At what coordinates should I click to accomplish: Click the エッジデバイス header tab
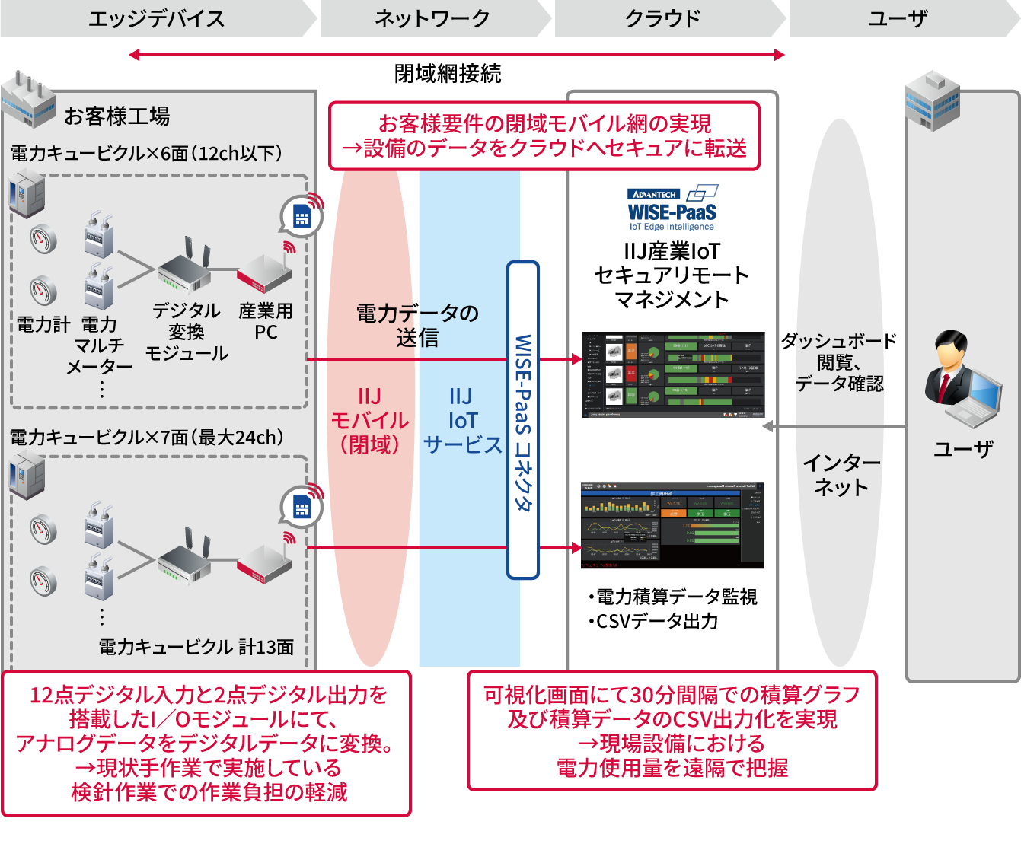tap(156, 18)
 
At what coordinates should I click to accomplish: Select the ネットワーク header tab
tap(432, 18)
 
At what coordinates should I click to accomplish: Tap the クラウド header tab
tap(662, 18)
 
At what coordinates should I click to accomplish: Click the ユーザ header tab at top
tap(898, 18)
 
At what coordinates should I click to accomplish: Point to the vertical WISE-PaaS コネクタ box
tap(523, 420)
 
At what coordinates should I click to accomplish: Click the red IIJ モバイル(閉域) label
tap(370, 421)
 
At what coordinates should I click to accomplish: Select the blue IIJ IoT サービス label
tap(462, 421)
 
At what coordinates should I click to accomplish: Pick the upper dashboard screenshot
tap(673, 374)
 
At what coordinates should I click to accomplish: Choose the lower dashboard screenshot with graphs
tap(672, 525)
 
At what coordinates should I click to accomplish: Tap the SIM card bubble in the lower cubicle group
tap(302, 506)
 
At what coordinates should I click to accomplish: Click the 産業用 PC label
tap(266, 321)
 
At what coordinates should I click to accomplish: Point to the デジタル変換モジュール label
tap(187, 332)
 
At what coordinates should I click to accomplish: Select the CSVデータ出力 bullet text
tap(653, 622)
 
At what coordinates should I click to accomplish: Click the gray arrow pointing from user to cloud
tap(834, 426)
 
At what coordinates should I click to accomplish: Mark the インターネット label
tap(841, 475)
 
